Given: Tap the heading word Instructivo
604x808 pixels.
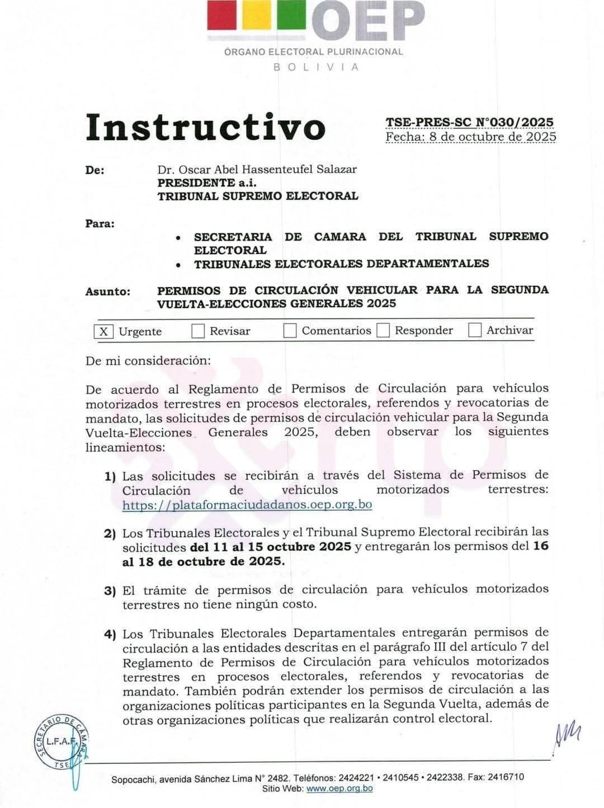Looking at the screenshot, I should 205,127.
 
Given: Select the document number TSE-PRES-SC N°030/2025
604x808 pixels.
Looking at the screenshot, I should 469,122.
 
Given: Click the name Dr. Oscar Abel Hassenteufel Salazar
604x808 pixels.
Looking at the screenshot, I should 257,169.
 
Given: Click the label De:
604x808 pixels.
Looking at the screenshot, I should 95,170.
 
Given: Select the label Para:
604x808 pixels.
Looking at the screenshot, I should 100,223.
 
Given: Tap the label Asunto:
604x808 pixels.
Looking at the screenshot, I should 107,292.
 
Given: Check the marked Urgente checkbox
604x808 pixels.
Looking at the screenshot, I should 103,331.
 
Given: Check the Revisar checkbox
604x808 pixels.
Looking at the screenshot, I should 198,331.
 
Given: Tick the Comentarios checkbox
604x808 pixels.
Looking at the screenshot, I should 290,331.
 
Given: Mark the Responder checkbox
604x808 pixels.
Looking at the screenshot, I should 383,330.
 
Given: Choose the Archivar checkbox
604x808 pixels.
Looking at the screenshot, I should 475,330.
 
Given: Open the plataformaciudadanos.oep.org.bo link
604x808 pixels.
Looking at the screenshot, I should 247,505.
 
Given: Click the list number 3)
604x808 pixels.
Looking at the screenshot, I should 110,591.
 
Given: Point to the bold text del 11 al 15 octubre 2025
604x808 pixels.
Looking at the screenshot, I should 271,546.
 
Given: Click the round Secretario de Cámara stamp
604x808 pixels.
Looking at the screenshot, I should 59,742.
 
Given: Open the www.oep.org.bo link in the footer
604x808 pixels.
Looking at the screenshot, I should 339,788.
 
